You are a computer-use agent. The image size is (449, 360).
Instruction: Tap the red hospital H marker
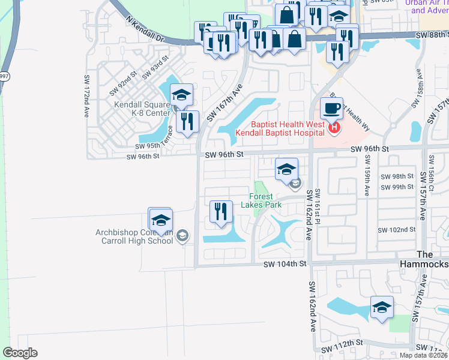coord(334,128)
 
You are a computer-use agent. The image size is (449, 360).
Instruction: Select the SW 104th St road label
coord(285,263)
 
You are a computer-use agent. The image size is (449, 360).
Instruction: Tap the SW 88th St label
coord(431,35)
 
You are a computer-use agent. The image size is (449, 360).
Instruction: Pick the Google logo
coord(20,353)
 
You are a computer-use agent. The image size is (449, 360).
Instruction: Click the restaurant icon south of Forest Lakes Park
coord(221,211)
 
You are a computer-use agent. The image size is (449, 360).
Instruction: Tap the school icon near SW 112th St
coord(382,308)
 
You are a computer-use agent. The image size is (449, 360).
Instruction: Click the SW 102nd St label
coord(396,230)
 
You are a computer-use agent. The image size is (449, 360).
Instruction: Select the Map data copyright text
coord(423,355)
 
